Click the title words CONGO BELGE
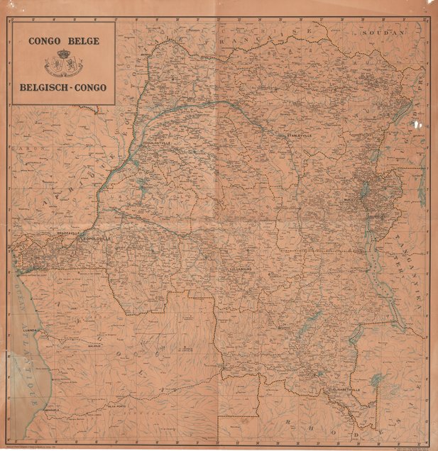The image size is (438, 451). coord(63,40)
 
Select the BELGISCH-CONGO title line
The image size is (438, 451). coord(63,88)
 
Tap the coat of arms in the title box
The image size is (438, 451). coord(63,64)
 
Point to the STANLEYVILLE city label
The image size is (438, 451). coord(298,135)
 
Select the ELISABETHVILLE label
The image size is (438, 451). coord(346,389)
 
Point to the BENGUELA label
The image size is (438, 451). coord(50,410)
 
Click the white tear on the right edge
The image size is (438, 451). coord(415,125)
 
